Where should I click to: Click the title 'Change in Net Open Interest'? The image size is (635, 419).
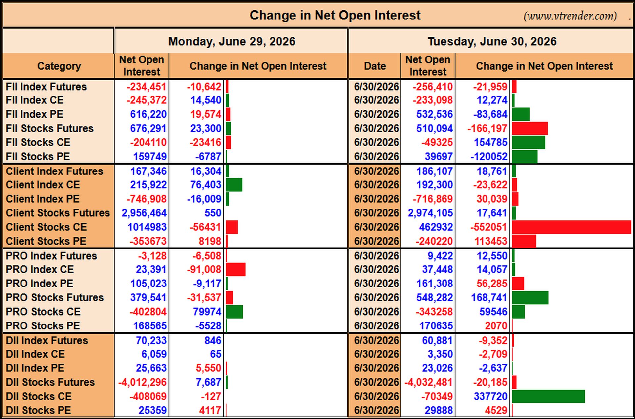pyautogui.click(x=335, y=15)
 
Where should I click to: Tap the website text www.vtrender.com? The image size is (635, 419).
pyautogui.click(x=570, y=16)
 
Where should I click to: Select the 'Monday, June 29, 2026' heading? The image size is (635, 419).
pyautogui.click(x=232, y=41)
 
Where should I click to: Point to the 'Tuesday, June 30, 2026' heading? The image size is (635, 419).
pyautogui.click(x=492, y=41)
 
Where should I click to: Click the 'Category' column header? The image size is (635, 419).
pyautogui.click(x=59, y=66)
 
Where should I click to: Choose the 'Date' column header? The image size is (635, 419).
pyautogui.click(x=375, y=66)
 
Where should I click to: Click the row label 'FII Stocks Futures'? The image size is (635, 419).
pyautogui.click(x=50, y=128)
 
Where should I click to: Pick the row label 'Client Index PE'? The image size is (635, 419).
pyautogui.click(x=43, y=199)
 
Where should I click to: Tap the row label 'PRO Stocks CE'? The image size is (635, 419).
pyautogui.click(x=43, y=312)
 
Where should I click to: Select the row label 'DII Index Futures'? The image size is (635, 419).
pyautogui.click(x=47, y=340)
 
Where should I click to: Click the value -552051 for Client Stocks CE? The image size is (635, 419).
pyautogui.click(x=488, y=227)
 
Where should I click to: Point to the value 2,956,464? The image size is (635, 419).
pyautogui.click(x=144, y=213)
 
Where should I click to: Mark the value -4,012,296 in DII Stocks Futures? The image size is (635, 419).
pyautogui.click(x=143, y=382)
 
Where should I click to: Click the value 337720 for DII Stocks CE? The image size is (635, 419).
pyautogui.click(x=490, y=396)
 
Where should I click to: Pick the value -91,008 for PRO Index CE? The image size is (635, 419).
pyautogui.click(x=204, y=269)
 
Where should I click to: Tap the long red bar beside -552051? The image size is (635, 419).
pyautogui.click(x=571, y=227)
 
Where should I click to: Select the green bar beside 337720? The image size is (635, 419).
pyautogui.click(x=548, y=396)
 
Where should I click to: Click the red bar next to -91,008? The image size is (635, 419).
pyautogui.click(x=236, y=269)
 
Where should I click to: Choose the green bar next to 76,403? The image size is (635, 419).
pyautogui.click(x=234, y=185)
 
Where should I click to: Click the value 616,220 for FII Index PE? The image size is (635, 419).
pyautogui.click(x=148, y=114)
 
